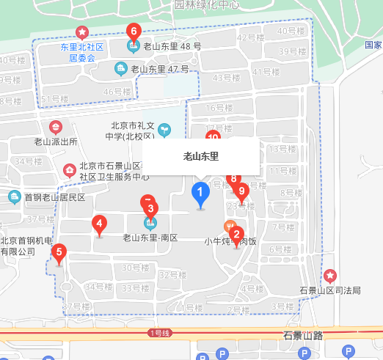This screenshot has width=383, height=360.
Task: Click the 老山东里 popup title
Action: pos(201,156)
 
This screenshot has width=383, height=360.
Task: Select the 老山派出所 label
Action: pos(56,142)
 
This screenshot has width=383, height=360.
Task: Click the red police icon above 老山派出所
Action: pos(56,128)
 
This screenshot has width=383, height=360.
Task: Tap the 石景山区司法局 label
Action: pos(329,290)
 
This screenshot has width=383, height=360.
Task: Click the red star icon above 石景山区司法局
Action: pos(330,276)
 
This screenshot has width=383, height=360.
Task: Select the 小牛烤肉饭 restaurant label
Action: pos(230,240)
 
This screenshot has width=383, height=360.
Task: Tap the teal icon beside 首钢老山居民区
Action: pos(15,197)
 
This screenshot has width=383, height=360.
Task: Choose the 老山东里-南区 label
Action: pos(150,238)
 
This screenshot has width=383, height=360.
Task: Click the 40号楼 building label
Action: pos(291,31)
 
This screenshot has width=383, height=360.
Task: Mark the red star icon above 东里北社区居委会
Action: pos(82,33)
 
